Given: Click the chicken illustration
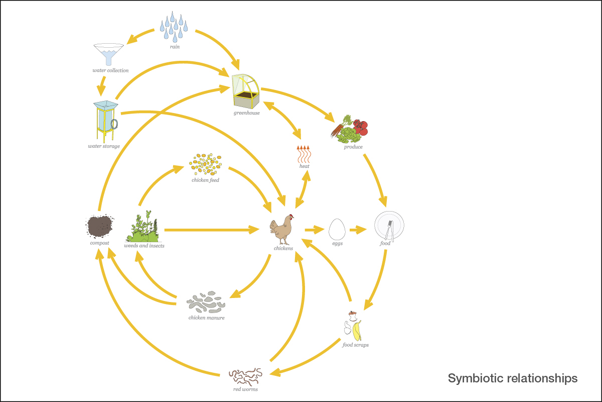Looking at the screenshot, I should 282,229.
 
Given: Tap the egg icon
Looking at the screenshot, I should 337,229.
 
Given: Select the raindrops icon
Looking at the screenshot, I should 174,28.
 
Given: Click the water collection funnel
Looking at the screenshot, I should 108,53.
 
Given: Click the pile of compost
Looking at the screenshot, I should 100,227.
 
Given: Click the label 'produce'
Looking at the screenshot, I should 353,147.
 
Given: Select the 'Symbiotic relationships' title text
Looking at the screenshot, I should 512,378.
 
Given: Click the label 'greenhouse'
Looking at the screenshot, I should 246,113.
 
